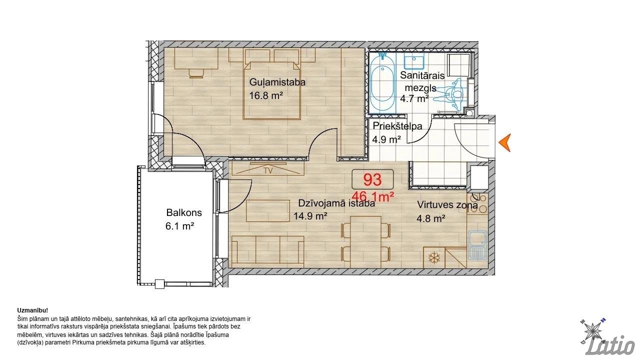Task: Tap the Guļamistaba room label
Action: (277, 82)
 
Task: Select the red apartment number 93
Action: (372, 179)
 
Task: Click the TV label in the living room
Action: (268, 171)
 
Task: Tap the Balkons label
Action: (184, 213)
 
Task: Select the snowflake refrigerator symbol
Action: (433, 257)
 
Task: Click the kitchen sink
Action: (477, 244)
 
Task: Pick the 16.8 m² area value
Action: (266, 95)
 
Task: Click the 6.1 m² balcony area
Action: (179, 226)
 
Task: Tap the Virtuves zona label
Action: (447, 205)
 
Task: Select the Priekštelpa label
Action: (397, 126)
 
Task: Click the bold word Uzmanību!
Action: (32, 310)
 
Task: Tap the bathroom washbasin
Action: (413, 62)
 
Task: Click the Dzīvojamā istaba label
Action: (336, 203)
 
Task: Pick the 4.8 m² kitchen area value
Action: (431, 219)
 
